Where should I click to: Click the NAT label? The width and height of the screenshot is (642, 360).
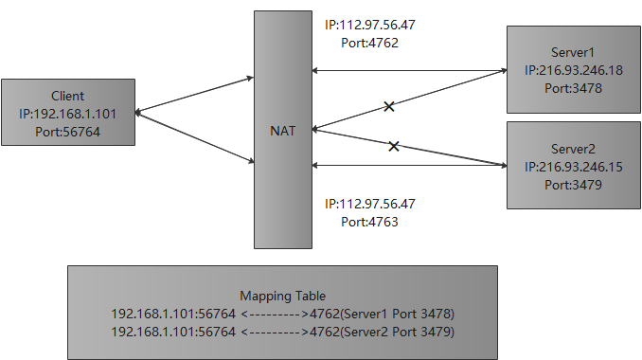[x=282, y=132]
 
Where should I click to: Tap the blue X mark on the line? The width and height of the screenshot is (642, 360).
[x=388, y=107]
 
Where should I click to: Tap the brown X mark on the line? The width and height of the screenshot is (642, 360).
[x=394, y=146]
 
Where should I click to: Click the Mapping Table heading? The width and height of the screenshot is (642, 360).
[x=283, y=296]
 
